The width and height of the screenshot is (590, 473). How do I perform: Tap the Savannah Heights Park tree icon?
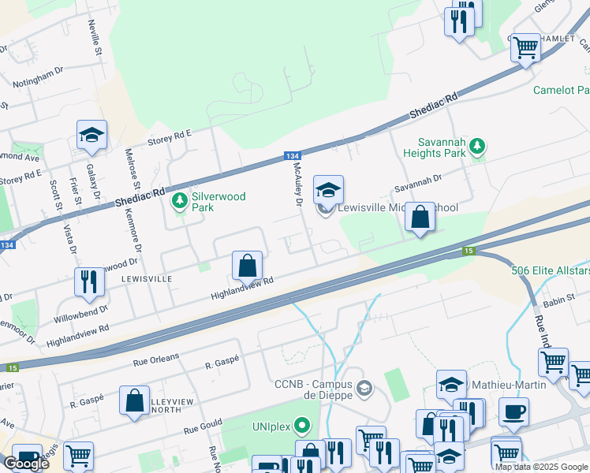[476, 146]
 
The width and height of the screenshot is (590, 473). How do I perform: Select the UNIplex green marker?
[301, 427]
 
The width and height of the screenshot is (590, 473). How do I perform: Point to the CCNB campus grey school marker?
[364, 388]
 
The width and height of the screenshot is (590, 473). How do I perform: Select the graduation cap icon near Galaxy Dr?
[91, 135]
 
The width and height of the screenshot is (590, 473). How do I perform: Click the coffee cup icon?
[513, 412]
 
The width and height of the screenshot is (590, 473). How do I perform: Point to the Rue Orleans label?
[152, 359]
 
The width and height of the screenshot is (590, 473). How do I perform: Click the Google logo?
[26, 463]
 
